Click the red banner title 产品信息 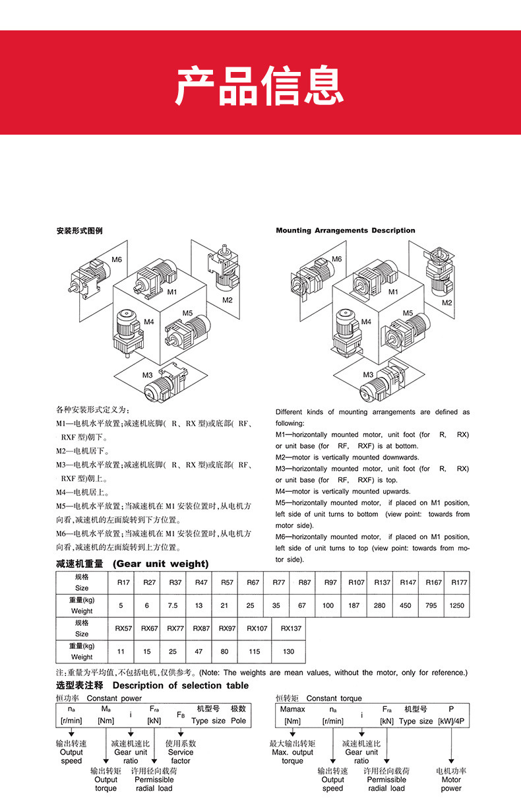coord(260,85)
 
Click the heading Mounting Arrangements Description coord(345,230)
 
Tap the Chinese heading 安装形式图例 coord(79,231)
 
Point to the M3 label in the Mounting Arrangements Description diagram coord(368,374)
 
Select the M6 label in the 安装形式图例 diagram coord(117,259)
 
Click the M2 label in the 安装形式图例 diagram coord(228,300)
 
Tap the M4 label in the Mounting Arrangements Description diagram coord(366,321)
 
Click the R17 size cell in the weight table coord(123,582)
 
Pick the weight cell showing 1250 coord(456,605)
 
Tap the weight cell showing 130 coord(288,652)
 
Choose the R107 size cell coord(356,582)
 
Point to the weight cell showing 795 coord(431,605)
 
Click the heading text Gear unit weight coord(160,564)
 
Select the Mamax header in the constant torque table coord(293,709)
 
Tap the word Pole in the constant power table coord(238,721)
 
